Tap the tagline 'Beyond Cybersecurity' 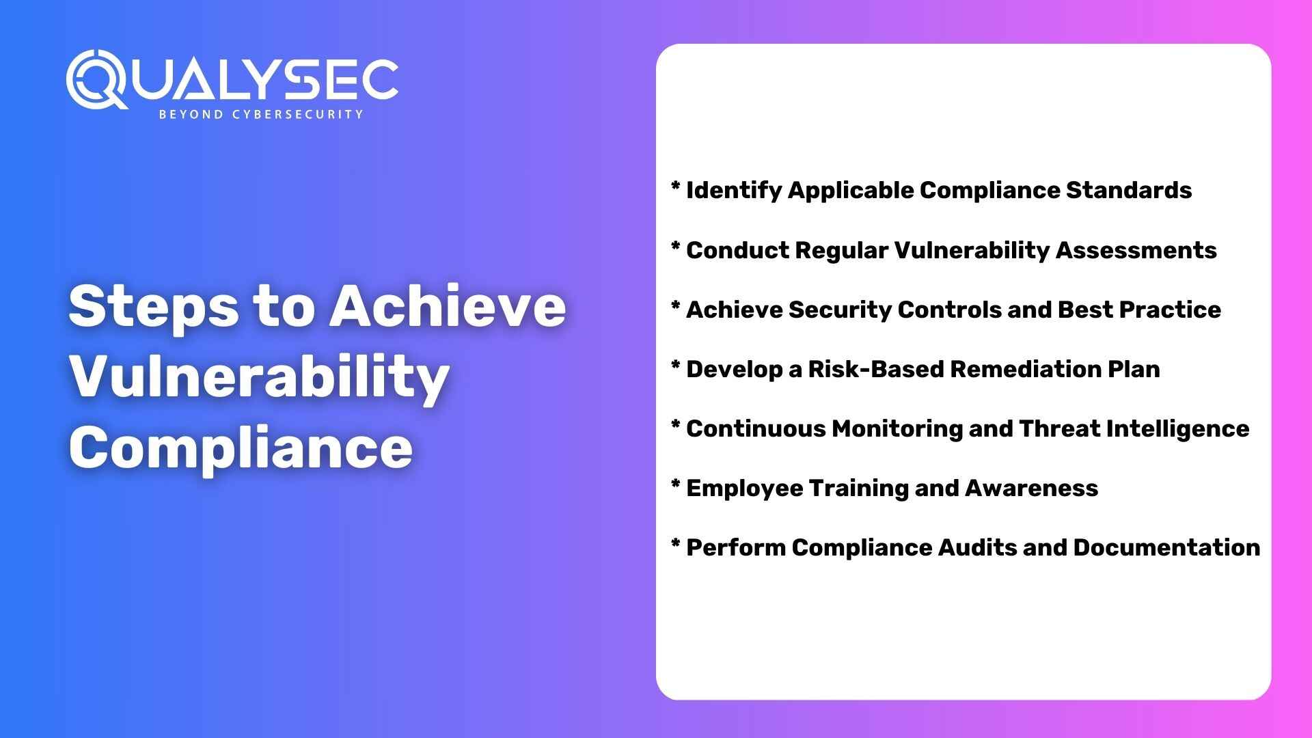click(x=260, y=114)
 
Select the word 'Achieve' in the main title click(x=448, y=306)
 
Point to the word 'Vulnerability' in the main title click(x=259, y=378)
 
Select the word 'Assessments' click(x=1136, y=250)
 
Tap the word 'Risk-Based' click(x=876, y=369)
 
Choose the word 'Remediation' click(x=1026, y=369)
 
